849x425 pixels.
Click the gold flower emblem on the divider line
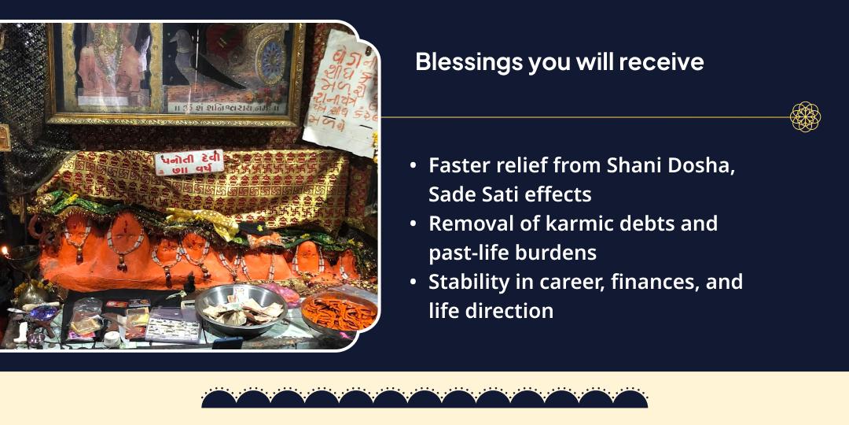coord(805,117)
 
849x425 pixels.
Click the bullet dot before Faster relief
coord(413,166)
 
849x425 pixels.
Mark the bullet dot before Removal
coord(413,224)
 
